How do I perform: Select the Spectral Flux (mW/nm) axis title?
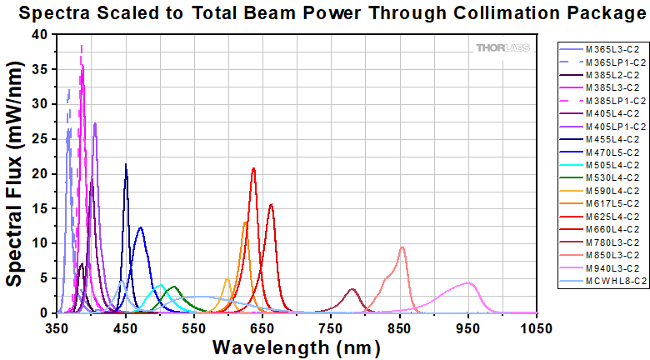[x=15, y=173]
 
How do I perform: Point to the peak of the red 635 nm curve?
[x=253, y=168]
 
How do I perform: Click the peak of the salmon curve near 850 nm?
[x=402, y=247]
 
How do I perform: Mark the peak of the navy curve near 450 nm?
[x=126, y=164]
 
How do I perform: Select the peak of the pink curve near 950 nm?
[x=468, y=282]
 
